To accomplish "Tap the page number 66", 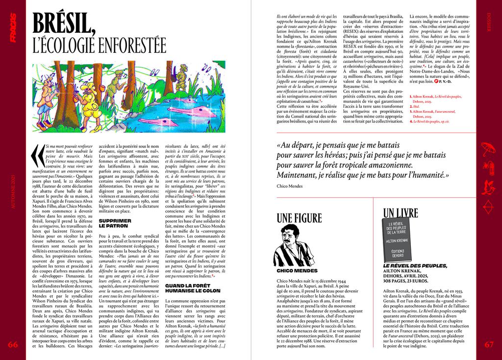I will (x=13, y=344).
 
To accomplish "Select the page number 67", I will (x=489, y=344).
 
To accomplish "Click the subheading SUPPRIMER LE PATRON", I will (x=115, y=223).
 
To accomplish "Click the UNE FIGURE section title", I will (x=299, y=218).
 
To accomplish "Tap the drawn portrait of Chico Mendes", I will (x=293, y=245).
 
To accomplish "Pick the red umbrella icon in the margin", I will (x=489, y=147).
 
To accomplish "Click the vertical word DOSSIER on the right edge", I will (x=489, y=29).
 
